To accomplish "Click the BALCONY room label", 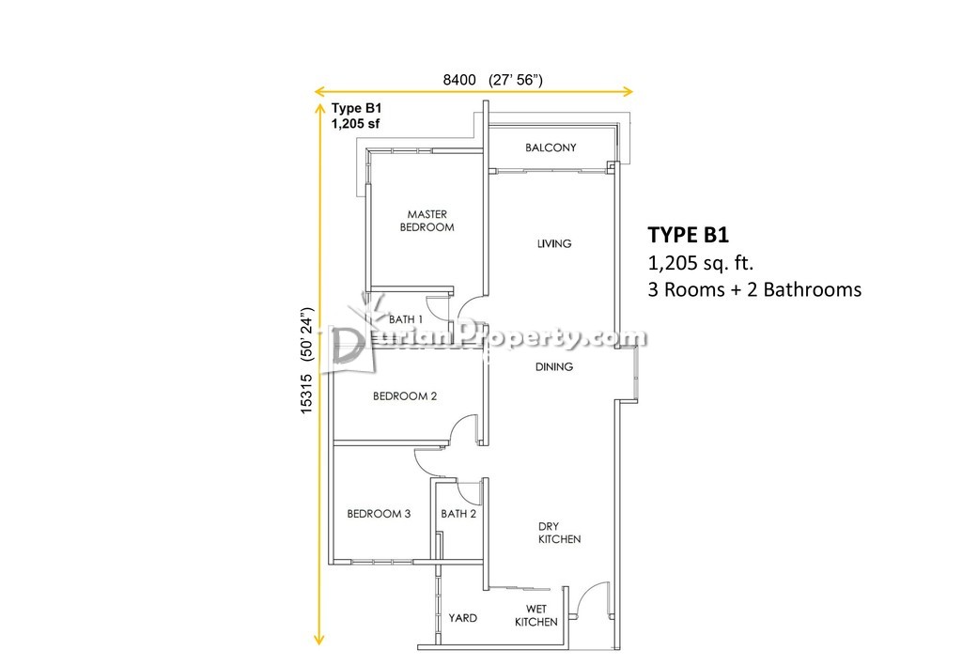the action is pos(551,147).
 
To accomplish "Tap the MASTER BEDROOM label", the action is pos(427,221).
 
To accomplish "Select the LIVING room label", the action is pos(554,243).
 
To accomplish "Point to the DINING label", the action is pos(554,366).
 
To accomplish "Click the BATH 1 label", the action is pos(406,319).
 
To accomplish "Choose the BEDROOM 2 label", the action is pos(405,396).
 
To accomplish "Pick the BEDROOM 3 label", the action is pos(379,514).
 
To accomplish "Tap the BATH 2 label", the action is pos(458,514).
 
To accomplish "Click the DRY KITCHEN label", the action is pos(559,533).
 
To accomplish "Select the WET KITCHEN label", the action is pos(536,615).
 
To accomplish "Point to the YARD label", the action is pos(462,618).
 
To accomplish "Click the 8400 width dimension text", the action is pos(459,80).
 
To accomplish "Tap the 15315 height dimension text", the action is pos(307,394).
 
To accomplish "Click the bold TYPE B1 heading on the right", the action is pos(689,235).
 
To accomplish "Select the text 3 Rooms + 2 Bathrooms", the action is pos(754,289).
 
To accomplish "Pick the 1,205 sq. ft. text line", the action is pos(701,263).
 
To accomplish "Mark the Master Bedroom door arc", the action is pos(469,302).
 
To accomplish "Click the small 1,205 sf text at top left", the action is pos(355,124).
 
